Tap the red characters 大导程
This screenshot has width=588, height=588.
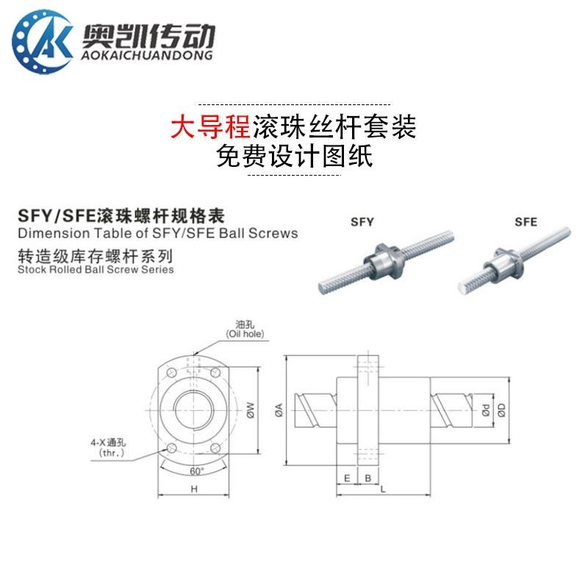[210, 128]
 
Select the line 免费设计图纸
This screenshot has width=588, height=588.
[295, 156]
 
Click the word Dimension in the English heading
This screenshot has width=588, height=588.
[47, 234]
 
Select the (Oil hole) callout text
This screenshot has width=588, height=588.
[245, 335]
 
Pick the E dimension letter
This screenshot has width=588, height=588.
[347, 477]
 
